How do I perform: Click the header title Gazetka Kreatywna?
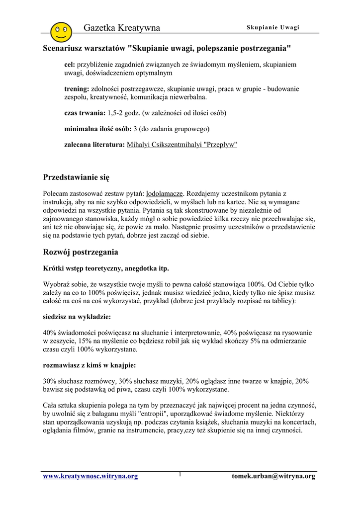pos(122,28)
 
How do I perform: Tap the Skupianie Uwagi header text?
pos(273,27)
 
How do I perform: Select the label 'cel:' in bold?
pos(70,65)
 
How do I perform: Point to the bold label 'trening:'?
pos(77,89)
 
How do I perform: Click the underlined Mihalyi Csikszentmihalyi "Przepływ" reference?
pos(182,145)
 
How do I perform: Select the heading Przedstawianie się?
pos(76,177)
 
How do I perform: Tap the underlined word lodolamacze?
pos(165,193)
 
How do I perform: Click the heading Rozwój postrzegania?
pos(81,252)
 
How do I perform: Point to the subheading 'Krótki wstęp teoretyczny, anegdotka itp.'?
pos(106,268)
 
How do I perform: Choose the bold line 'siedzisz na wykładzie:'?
pos(77,316)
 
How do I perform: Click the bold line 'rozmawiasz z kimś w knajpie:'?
pos(90,365)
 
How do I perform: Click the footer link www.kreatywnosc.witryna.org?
pos(90,476)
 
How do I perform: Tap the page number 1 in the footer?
pos(180,475)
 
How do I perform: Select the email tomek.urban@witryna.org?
pos(273,476)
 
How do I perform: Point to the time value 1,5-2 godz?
pos(126,113)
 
